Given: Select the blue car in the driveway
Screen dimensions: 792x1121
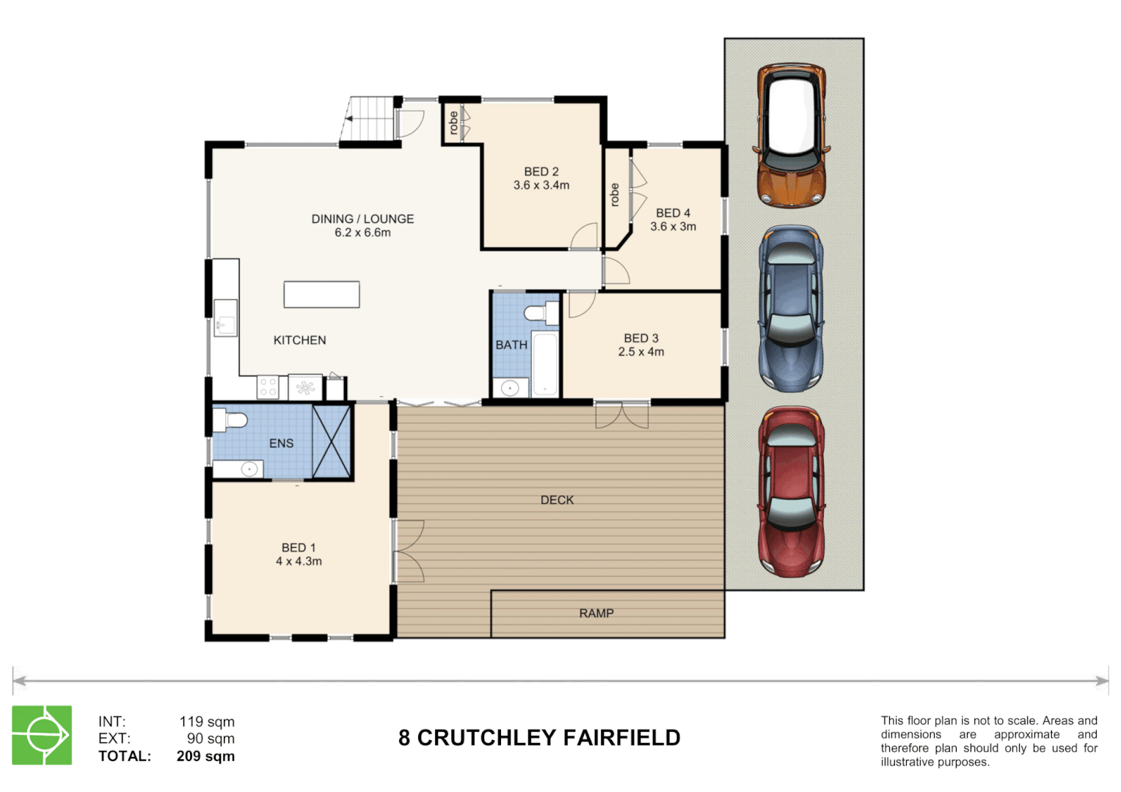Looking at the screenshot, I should [x=791, y=308].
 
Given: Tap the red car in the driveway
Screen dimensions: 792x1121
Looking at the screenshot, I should [x=791, y=491].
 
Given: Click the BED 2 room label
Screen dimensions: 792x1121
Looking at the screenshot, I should [x=541, y=172].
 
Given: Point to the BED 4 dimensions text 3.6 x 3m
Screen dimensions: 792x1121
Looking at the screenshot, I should [x=673, y=227].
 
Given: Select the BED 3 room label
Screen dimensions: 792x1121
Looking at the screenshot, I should [x=640, y=338].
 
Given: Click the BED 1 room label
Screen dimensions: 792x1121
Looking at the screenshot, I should [x=298, y=548].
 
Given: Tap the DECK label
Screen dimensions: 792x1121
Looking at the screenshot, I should [x=557, y=500].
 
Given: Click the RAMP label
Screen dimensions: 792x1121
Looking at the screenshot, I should [x=596, y=613].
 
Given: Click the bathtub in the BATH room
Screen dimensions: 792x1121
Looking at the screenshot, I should [x=544, y=364].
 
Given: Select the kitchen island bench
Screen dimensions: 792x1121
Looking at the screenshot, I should [x=321, y=294].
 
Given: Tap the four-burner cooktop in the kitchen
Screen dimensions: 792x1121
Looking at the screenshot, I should [x=268, y=387].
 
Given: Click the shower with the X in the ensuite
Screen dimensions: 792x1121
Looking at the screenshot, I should [x=332, y=441].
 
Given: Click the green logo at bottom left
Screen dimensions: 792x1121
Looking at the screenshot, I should [x=42, y=735].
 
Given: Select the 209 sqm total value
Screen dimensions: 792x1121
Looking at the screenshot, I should [x=205, y=756].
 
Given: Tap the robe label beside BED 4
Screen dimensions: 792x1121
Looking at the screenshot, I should [x=614, y=195].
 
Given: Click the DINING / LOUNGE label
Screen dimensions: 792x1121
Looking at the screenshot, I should [x=362, y=219].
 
